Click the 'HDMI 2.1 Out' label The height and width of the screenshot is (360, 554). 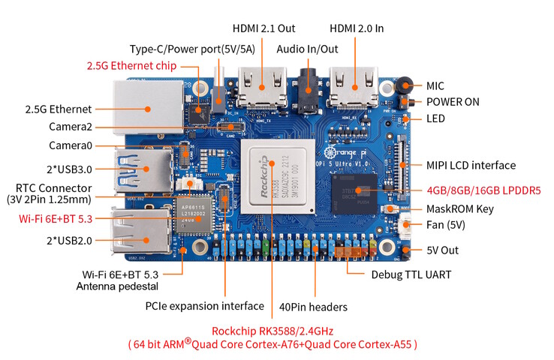coord(265,28)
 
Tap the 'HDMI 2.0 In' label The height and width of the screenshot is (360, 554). coord(357,28)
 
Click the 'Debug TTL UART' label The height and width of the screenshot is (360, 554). coord(411,274)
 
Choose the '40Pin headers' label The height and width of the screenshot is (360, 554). coord(313,306)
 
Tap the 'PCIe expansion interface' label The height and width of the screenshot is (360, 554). coord(204,306)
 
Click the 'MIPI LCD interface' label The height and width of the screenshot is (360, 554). coord(471,165)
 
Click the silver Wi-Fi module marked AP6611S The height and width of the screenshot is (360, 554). coord(195,216)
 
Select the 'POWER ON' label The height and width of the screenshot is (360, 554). coord(453,101)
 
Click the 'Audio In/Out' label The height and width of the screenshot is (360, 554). coord(308,49)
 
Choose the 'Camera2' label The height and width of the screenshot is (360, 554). coord(71,127)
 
